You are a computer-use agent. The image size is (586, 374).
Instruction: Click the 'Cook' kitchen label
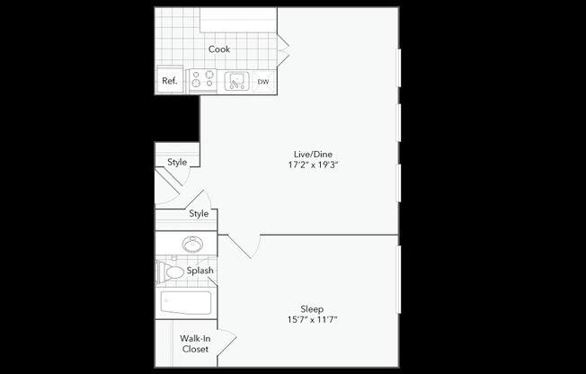tap(219, 49)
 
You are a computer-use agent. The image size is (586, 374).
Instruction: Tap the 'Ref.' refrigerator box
tap(169, 81)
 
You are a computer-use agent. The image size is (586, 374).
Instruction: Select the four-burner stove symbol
tap(202, 81)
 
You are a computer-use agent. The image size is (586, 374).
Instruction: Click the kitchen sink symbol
tap(237, 81)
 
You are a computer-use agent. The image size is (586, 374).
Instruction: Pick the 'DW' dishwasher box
tap(263, 82)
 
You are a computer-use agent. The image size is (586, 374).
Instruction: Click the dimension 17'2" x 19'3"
tap(312, 165)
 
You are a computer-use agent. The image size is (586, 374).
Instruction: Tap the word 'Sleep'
tap(312, 307)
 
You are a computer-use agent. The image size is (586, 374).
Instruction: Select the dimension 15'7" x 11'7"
tap(312, 319)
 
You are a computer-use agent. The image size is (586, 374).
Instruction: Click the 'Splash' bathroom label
tap(200, 271)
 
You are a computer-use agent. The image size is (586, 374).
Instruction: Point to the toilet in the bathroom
tap(170, 271)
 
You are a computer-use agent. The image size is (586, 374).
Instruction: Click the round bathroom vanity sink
tap(191, 244)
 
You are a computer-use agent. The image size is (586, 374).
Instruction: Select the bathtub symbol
tap(186, 302)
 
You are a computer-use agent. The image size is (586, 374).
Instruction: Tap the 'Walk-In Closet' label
tap(194, 343)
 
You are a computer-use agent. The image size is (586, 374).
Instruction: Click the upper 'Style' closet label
tap(177, 163)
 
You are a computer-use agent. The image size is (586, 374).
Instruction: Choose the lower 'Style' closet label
tap(199, 214)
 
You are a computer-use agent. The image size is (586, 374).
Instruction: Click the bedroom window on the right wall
tap(398, 297)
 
